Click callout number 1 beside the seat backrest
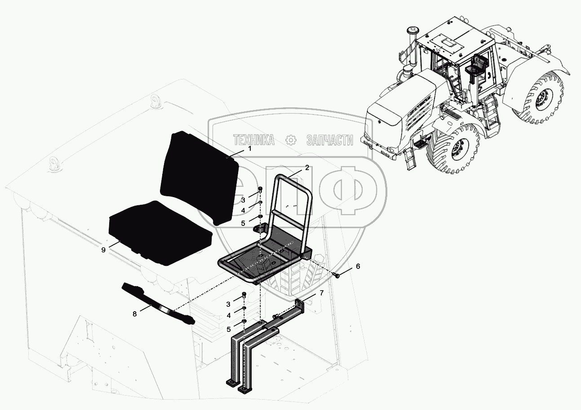point(250,149)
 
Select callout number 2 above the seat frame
point(307,168)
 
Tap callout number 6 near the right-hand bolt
point(358,266)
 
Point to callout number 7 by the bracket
point(322,293)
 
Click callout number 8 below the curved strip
point(134,314)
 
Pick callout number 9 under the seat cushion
point(103,250)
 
